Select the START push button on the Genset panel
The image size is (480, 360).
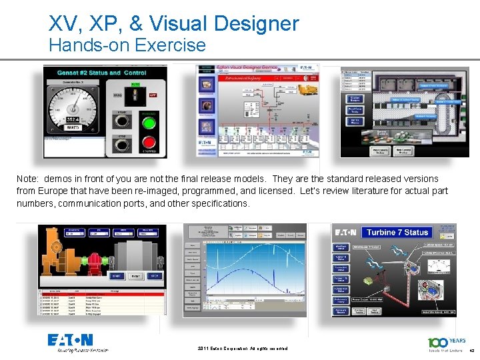[122, 121]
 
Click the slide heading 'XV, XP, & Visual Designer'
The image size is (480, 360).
[173, 24]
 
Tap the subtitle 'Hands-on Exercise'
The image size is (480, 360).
[127, 45]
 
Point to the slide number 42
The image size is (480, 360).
[471, 351]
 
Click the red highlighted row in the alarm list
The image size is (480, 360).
[100, 293]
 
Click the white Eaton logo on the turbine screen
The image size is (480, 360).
[346, 232]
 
